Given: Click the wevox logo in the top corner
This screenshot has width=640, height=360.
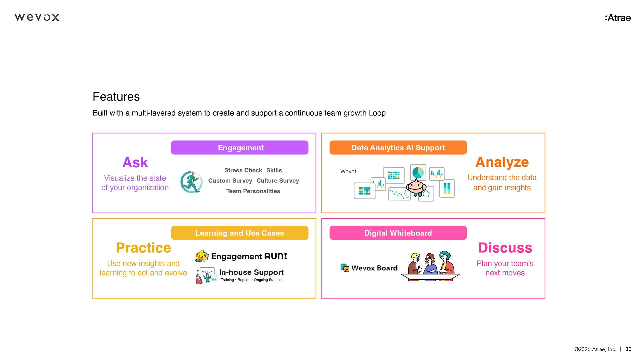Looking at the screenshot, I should (x=37, y=17).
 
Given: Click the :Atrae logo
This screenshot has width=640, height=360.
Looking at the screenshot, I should (x=618, y=18).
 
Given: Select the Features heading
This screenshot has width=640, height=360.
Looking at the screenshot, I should (x=116, y=97).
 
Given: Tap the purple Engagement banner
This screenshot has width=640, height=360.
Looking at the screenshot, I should (x=240, y=148).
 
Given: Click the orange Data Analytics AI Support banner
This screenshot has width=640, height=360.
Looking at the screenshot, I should (x=398, y=148).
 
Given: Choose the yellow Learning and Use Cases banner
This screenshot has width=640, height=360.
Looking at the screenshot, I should (x=240, y=233).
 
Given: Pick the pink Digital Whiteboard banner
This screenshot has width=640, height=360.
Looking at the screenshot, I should (x=398, y=233).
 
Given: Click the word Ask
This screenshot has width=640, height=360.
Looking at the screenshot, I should (x=135, y=163).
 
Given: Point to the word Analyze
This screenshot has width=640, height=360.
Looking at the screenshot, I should (x=502, y=162).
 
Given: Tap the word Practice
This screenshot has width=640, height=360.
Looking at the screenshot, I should (x=143, y=248).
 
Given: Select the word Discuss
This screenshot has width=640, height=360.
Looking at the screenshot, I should (x=505, y=248).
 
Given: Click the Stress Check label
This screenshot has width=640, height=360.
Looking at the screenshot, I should (x=243, y=170).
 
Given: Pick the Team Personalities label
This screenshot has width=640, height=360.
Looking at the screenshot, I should (x=253, y=191).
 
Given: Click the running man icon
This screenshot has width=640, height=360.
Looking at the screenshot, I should (x=191, y=182).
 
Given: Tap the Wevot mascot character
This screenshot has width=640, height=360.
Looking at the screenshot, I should (x=416, y=187).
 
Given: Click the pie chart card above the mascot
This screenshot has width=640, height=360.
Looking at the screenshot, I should (x=418, y=172).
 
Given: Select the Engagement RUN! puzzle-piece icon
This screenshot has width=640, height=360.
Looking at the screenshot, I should (x=202, y=256).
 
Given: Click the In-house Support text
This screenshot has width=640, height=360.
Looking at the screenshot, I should (x=251, y=272).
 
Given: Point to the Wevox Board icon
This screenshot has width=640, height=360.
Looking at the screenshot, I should (x=345, y=268).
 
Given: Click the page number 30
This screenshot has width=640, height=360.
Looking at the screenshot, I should (x=628, y=349).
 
